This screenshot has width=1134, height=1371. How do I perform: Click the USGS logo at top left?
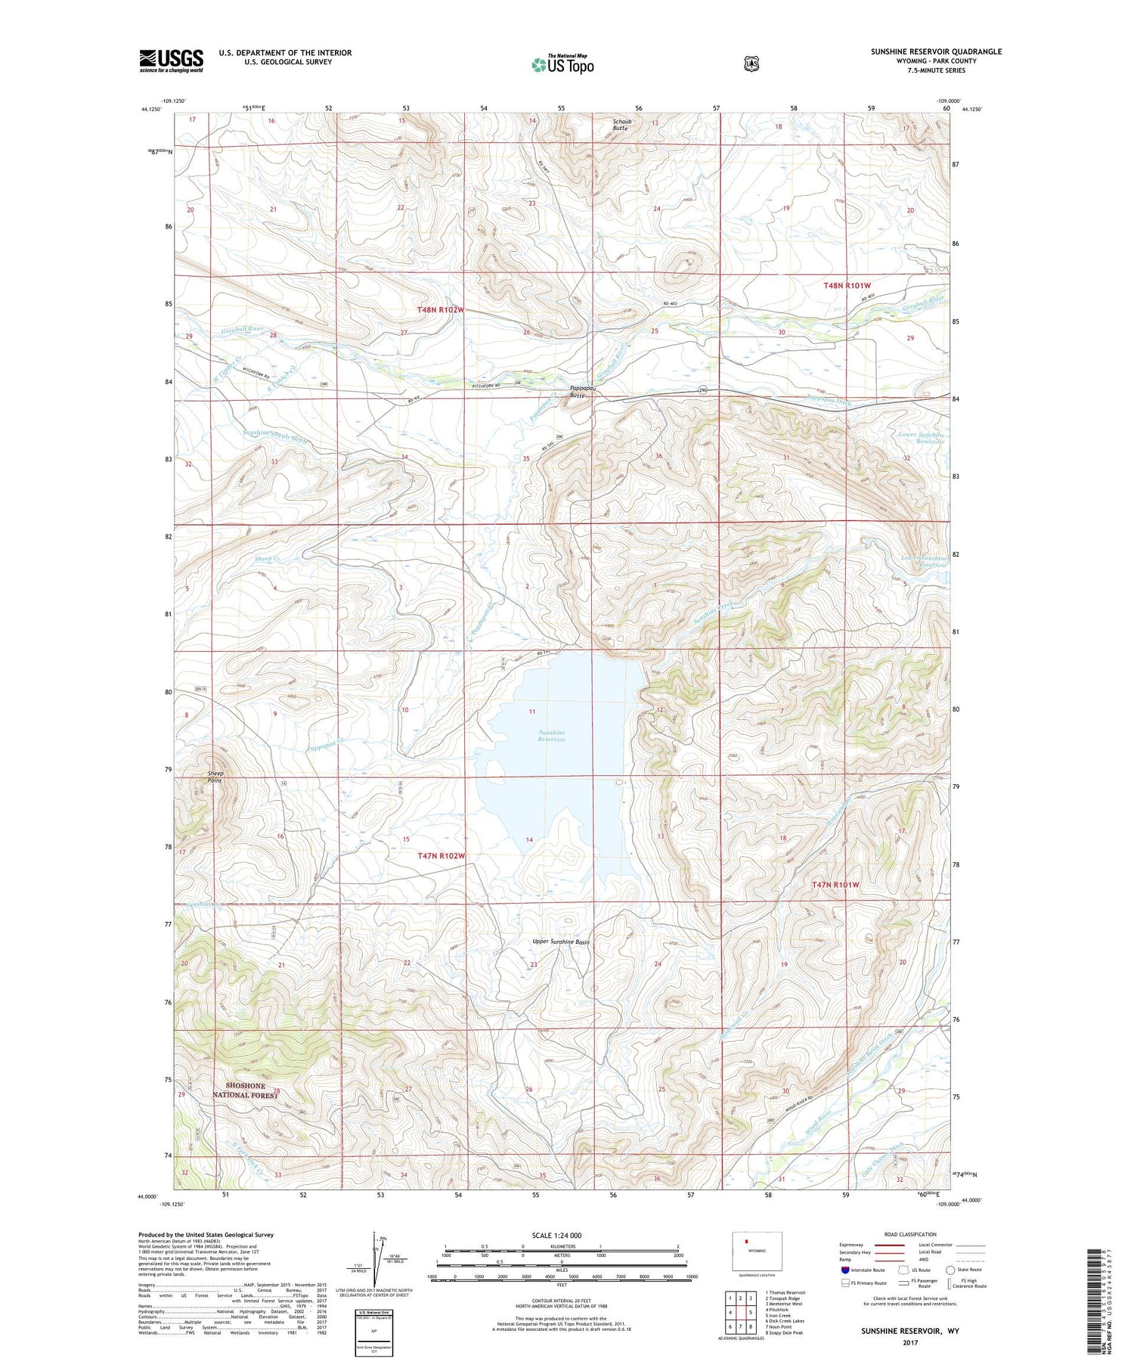pos(171,60)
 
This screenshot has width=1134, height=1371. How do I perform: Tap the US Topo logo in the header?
pos(562,64)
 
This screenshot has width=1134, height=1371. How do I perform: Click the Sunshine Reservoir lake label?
pos(552,736)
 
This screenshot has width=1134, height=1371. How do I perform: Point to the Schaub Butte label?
pos(620,125)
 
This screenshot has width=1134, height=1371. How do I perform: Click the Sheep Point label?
pos(215,777)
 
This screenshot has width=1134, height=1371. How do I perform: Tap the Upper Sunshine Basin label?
pos(560,941)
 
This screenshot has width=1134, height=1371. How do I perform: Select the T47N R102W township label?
pos(441,855)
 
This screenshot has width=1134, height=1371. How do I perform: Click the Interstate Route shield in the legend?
pos(845,1270)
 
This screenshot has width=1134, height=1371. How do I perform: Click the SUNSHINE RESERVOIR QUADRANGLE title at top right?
pos(935,51)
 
